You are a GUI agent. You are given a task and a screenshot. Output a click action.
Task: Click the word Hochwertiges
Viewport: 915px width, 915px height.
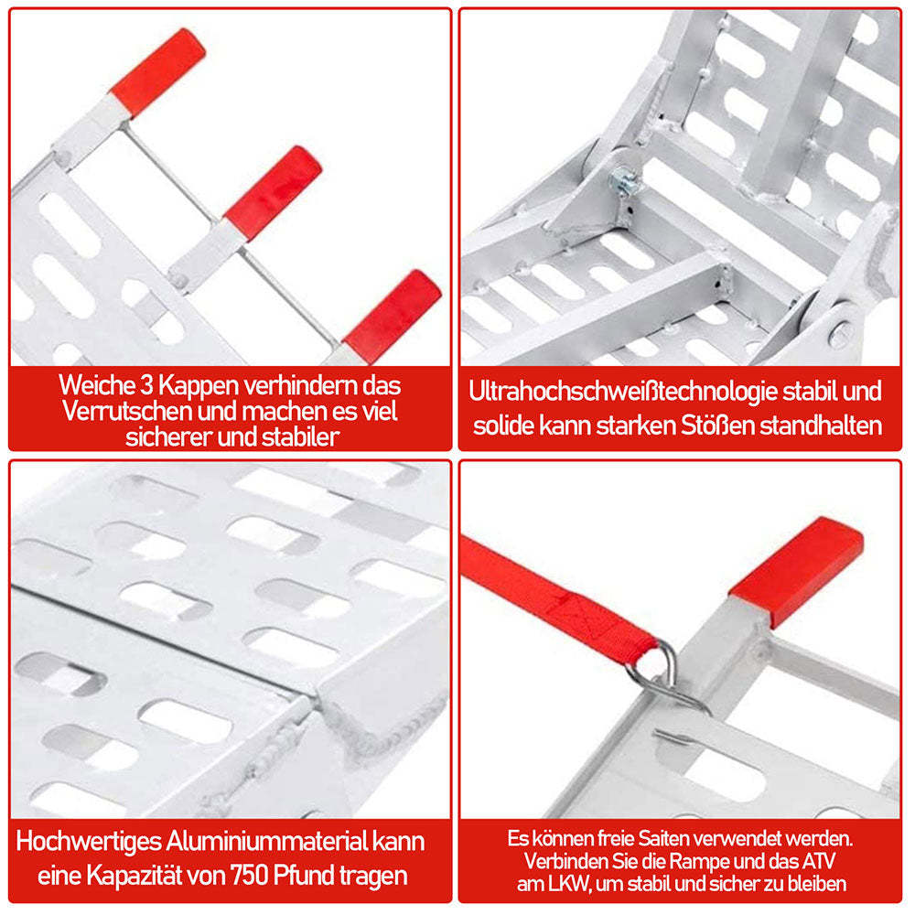click(89, 840)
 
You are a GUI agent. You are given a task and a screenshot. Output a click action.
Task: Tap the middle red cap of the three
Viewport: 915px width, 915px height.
click(273, 188)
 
